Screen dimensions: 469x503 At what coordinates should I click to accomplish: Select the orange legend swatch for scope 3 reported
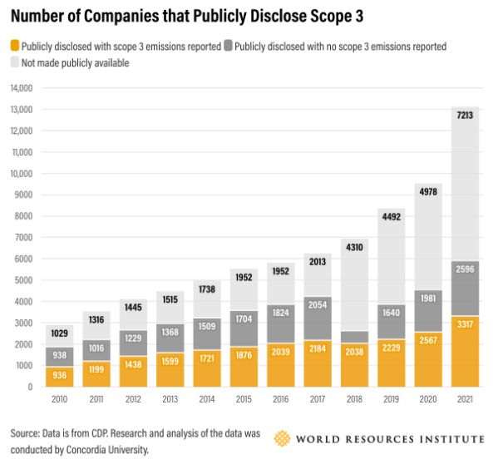tap(15, 47)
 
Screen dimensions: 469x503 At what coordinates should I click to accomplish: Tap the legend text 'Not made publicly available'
tap(75, 62)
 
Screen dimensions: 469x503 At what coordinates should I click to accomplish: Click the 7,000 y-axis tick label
tap(22, 237)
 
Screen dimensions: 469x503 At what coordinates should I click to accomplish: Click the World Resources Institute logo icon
tap(283, 438)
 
